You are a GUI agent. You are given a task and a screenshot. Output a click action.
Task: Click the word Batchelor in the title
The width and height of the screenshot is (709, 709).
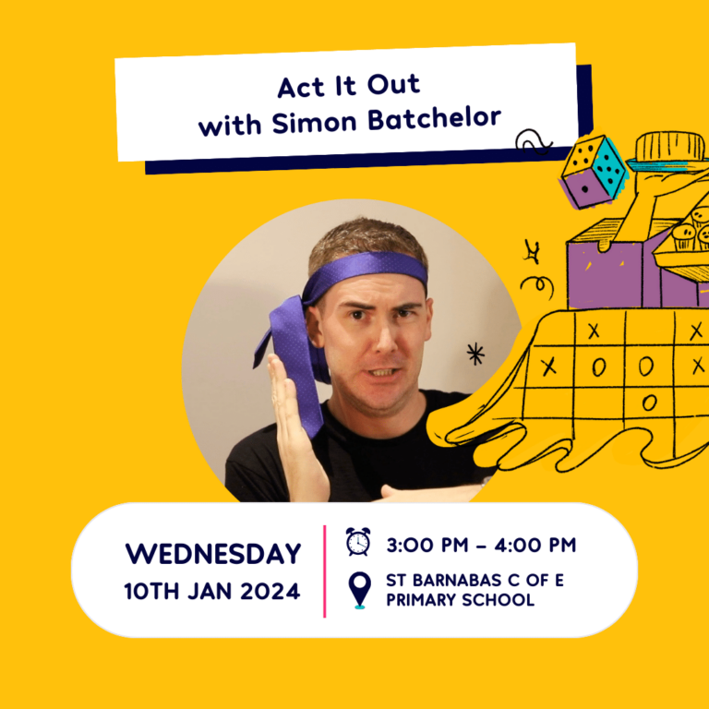coord(435,119)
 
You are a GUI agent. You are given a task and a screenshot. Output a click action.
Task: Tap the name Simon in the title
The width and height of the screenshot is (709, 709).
coord(314,123)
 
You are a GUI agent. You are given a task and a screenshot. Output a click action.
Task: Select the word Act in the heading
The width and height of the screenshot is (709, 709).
coord(301,88)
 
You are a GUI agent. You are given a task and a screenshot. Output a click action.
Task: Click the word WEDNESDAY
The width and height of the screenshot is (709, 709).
coord(213,554)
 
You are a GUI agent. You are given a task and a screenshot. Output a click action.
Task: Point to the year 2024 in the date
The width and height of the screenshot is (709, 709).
coord(270,592)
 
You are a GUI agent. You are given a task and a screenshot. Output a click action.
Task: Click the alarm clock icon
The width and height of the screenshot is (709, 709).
coord(358,541)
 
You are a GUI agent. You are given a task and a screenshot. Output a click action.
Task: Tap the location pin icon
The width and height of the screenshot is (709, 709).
coord(359,590)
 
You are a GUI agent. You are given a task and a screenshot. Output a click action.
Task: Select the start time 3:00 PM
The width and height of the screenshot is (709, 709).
coord(427,545)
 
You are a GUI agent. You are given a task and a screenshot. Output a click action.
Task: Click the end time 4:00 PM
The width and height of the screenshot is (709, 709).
coord(535,545)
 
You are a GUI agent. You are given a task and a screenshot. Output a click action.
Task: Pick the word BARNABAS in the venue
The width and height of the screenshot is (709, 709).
coord(457,580)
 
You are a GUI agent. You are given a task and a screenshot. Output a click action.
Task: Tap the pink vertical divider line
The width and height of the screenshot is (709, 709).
coord(325,571)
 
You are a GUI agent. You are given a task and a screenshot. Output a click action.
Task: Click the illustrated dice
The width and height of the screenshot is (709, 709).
coord(594,173)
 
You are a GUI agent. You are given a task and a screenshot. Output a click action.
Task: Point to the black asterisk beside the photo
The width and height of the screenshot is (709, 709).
coord(475,354)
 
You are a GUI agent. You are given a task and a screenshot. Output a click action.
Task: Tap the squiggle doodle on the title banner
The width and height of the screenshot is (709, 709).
coord(534,141)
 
